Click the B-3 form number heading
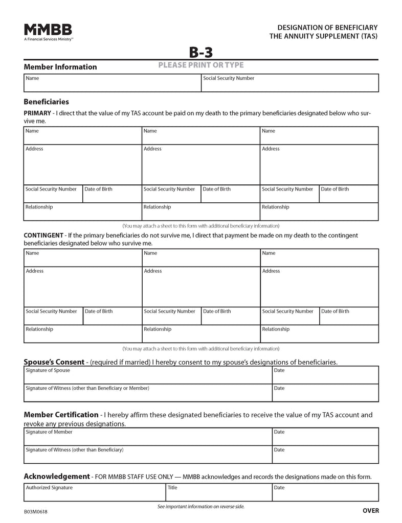point(201,52)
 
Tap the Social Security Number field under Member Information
point(289,83)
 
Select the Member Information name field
point(113,83)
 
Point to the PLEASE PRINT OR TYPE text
point(201,65)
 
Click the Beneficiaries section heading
point(46,102)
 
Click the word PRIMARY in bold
point(37,113)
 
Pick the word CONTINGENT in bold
point(43,235)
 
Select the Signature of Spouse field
point(148,375)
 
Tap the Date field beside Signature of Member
point(325,437)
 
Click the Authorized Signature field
point(94,492)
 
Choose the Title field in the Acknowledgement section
point(218,492)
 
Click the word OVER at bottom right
point(370,511)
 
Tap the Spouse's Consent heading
point(55,362)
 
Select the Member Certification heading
point(61,415)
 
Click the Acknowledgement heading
point(56,476)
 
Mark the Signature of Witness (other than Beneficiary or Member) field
point(148,393)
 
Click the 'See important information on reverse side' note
point(201,507)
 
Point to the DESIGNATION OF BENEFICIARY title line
point(327,27)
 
